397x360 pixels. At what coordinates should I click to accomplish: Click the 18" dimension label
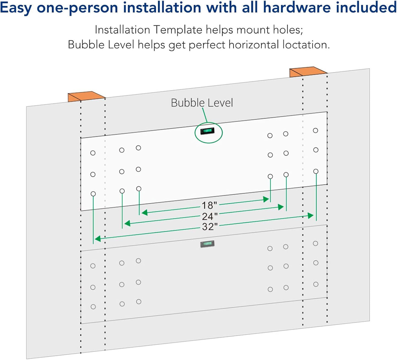[x=209, y=205]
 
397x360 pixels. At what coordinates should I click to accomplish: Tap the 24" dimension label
[x=210, y=216]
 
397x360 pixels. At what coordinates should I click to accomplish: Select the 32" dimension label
[x=210, y=227]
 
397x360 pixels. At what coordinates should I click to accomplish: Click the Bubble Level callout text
[x=202, y=103]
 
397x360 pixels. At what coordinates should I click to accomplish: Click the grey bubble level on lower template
[x=207, y=244]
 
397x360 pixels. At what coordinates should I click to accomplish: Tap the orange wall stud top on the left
[x=86, y=96]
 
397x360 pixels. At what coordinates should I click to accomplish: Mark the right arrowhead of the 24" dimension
[x=281, y=207]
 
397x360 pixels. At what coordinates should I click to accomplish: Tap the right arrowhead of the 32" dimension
[x=310, y=216]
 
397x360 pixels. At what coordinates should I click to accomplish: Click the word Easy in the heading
[x=16, y=8]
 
